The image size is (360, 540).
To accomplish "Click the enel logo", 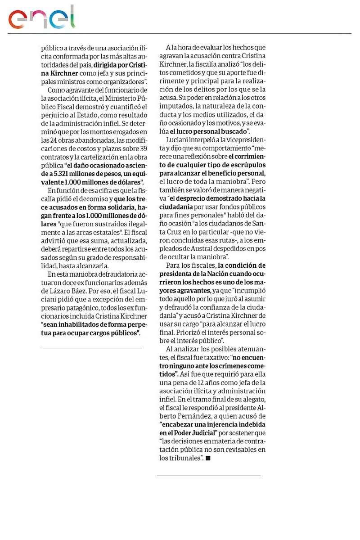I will coord(42,18).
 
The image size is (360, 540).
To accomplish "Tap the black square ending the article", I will coord(208,458).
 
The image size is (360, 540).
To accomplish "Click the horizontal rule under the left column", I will coord(92,348).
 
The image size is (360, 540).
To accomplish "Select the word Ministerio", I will coord(122,98).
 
